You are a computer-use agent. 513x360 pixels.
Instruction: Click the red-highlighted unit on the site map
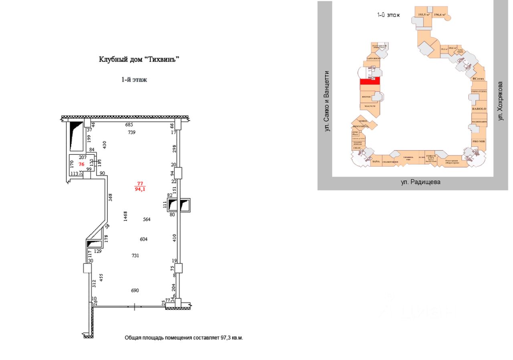coord(370,82)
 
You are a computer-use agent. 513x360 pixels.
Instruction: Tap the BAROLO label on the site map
coord(479,109)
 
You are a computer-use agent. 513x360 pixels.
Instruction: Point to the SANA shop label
coord(376,162)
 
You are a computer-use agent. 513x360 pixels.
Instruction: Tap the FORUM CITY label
coord(431,157)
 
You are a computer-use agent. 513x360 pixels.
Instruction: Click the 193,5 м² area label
coord(424,15)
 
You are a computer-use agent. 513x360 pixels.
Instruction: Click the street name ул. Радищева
coord(420,182)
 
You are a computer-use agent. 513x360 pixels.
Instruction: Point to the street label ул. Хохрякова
coord(500,101)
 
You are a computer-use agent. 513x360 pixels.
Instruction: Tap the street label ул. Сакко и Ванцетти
coord(327,101)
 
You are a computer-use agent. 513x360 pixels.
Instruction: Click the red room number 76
coord(81,164)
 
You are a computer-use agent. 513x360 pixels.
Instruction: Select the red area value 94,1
coord(140,190)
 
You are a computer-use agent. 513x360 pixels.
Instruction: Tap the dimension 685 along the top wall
coord(129,125)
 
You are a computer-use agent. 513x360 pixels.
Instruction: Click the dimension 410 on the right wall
coord(174,237)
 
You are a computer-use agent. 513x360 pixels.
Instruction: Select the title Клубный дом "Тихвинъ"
coord(139,59)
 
